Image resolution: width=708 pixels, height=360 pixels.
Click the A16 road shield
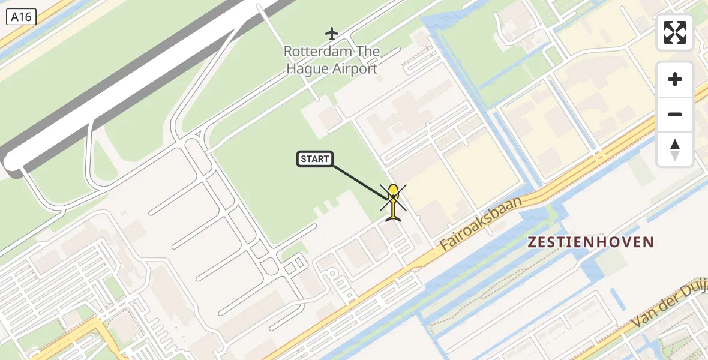tap(22, 17)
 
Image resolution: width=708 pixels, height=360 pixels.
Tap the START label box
tap(315, 159)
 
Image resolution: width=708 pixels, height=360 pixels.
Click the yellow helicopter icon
tap(393, 203)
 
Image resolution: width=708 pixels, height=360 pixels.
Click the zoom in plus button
tap(675, 79)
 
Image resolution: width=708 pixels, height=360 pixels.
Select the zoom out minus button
tap(675, 114)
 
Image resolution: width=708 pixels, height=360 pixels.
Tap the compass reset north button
tap(675, 149)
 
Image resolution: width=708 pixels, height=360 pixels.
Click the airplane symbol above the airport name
tap(332, 33)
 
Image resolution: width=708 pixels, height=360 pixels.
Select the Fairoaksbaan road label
tap(481, 223)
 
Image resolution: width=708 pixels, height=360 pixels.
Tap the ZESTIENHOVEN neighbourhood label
tap(590, 242)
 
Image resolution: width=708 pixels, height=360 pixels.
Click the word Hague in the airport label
tap(307, 68)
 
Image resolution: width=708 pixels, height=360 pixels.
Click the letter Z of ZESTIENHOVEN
tap(532, 242)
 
